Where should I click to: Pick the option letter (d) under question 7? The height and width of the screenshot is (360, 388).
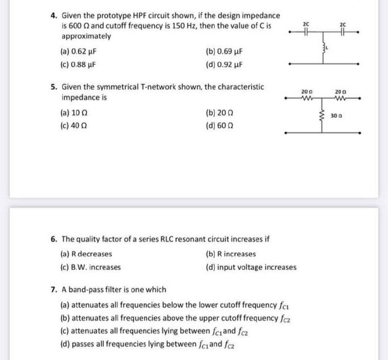coord(65,345)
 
